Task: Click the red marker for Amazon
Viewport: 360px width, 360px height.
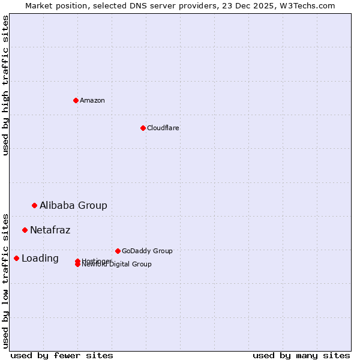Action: click(76, 100)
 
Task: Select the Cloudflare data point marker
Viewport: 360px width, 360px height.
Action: click(143, 128)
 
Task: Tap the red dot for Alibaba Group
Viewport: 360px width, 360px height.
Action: click(34, 205)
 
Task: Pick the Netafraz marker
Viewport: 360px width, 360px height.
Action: click(25, 230)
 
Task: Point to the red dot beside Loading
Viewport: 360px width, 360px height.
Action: click(16, 258)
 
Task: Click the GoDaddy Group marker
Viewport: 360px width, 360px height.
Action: click(118, 251)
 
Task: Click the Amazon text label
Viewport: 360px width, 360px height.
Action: click(92, 100)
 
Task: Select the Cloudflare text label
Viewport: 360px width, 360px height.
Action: click(163, 128)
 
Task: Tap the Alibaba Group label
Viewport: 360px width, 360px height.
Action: click(73, 205)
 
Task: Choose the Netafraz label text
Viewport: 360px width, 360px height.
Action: click(50, 230)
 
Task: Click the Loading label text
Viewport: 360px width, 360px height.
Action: click(40, 259)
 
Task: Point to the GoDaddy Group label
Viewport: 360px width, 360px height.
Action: click(147, 251)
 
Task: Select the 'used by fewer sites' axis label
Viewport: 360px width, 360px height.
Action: click(62, 355)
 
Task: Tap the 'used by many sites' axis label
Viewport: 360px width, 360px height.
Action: click(301, 355)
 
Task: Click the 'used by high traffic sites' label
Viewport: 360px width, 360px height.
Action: click(5, 85)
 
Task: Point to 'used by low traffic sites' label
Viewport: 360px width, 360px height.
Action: click(5, 280)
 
